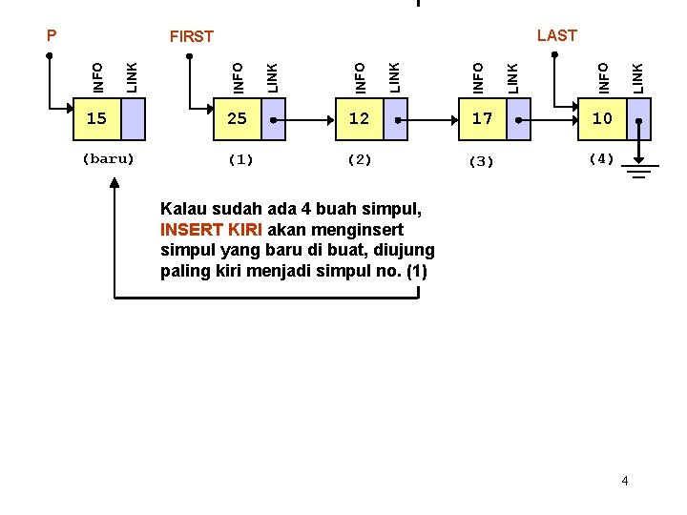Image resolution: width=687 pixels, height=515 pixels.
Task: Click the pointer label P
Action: click(52, 35)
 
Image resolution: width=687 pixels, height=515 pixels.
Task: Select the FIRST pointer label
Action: click(191, 36)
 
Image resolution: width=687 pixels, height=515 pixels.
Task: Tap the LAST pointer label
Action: click(556, 35)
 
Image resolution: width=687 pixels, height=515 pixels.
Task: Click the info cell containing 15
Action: click(96, 119)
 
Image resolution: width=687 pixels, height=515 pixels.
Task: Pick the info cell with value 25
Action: click(237, 119)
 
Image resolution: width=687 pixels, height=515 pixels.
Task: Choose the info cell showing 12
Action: click(359, 119)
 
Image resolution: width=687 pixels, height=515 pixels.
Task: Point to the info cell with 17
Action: click(482, 119)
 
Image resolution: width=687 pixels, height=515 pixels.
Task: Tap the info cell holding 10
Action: click(602, 119)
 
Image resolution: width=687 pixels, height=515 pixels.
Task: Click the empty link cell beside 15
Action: click(133, 119)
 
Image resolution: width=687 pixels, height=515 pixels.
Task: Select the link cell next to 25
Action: click(273, 119)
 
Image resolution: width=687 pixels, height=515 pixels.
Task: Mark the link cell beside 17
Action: click(518, 119)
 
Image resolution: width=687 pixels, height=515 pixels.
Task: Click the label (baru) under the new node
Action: click(108, 158)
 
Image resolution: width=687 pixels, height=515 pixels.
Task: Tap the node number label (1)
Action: click(239, 159)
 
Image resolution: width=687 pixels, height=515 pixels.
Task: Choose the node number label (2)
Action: click(359, 159)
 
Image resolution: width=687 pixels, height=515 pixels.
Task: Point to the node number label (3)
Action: click(481, 161)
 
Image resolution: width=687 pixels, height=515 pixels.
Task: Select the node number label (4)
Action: click(601, 158)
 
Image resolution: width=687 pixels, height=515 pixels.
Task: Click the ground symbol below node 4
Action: click(640, 171)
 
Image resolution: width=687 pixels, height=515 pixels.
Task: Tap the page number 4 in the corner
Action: click(625, 480)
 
